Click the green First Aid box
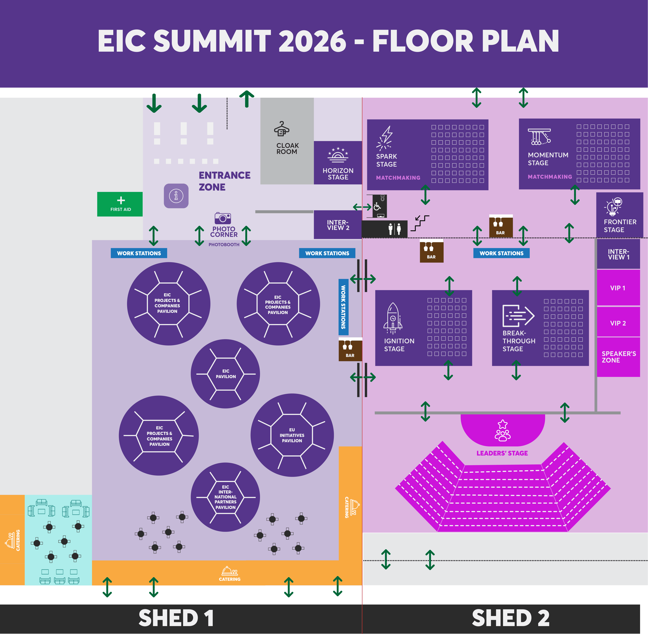(x=120, y=204)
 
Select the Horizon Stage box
(x=338, y=162)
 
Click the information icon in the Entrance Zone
(x=176, y=196)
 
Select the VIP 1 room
(x=618, y=288)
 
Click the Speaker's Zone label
(x=619, y=357)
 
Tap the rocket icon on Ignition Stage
(x=393, y=318)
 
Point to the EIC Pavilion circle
(x=225, y=374)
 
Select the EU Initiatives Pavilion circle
(x=292, y=435)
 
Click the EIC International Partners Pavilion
(x=225, y=497)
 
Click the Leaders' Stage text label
(x=502, y=453)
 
